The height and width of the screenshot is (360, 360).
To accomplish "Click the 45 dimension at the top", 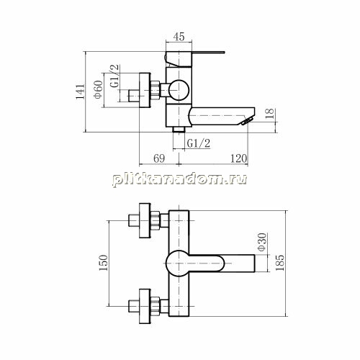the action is click(x=179, y=37).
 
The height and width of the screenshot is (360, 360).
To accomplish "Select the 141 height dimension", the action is click(x=80, y=91).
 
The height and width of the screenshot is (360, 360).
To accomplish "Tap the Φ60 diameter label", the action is click(x=99, y=89).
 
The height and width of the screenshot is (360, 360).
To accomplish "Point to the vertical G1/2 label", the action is click(x=114, y=76).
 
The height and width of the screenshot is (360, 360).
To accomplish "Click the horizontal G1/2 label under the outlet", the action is click(x=199, y=143).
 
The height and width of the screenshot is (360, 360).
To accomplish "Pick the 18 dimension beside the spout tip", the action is click(x=270, y=114).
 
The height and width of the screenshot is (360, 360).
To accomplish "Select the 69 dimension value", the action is click(x=159, y=158).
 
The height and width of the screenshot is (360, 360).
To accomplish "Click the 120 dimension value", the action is click(x=238, y=158).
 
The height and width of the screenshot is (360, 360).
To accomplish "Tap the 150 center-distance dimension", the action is click(x=104, y=263).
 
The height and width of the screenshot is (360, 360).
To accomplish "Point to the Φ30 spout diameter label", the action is click(x=261, y=242).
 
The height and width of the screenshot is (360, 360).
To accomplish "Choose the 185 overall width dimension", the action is click(x=280, y=263).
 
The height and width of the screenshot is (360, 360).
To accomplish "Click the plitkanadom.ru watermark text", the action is click(x=179, y=179).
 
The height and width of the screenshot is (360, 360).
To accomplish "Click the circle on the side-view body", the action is click(x=179, y=90).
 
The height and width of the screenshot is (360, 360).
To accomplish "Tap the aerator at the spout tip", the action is click(x=248, y=121).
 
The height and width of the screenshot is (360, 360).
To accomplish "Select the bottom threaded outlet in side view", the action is click(x=179, y=130).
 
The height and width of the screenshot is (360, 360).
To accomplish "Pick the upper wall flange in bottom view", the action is click(x=145, y=220).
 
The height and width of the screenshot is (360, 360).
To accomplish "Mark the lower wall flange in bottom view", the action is click(x=145, y=306).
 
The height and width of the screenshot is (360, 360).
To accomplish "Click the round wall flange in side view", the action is click(x=145, y=90).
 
